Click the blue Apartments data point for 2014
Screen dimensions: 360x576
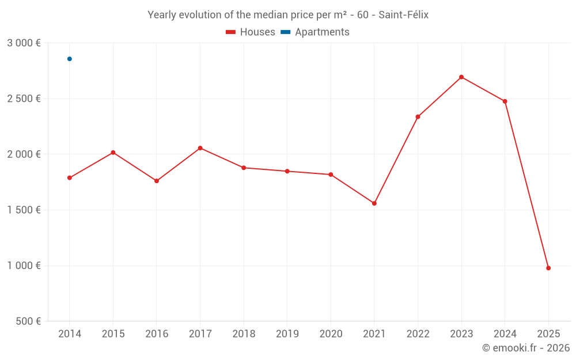coord(70,59)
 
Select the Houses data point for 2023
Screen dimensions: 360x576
coord(461,77)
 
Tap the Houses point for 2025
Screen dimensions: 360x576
coord(548,268)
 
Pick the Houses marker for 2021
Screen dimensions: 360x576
coord(374,203)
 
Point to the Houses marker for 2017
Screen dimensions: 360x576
coord(200,148)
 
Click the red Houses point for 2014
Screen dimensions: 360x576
coord(70,178)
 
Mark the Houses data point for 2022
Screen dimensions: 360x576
coord(418,117)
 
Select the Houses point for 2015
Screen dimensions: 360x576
coord(113,153)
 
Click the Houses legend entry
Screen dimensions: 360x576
coord(251,32)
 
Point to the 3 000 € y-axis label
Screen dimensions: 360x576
coord(24,43)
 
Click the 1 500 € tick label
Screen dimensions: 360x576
coord(24,210)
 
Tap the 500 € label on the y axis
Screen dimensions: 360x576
coord(28,321)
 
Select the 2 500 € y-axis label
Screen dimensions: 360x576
coord(24,99)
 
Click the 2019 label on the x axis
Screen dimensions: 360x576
coord(287,334)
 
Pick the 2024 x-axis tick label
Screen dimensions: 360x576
coord(505,334)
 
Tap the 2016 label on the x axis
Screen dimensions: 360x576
coord(157,334)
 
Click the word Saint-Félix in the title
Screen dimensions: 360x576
coord(404,15)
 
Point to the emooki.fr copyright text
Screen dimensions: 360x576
coord(525,348)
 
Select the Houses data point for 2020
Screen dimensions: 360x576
coord(331,175)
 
